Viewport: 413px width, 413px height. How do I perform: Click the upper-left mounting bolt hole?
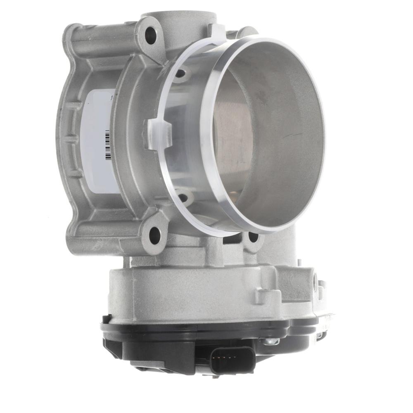151,35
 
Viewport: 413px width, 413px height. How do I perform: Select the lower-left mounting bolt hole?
154,235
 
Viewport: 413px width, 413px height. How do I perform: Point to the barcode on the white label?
108,145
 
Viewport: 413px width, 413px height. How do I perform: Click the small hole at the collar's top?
180,74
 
